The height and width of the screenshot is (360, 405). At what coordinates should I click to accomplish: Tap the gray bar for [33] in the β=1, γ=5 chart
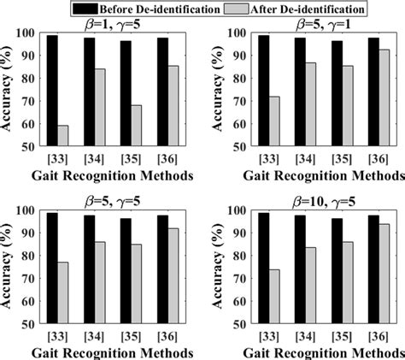click(63, 136)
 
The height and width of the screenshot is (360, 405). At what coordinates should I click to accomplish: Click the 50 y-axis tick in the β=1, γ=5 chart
click(32, 147)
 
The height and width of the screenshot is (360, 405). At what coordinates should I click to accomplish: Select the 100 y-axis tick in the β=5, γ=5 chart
click(29, 211)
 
